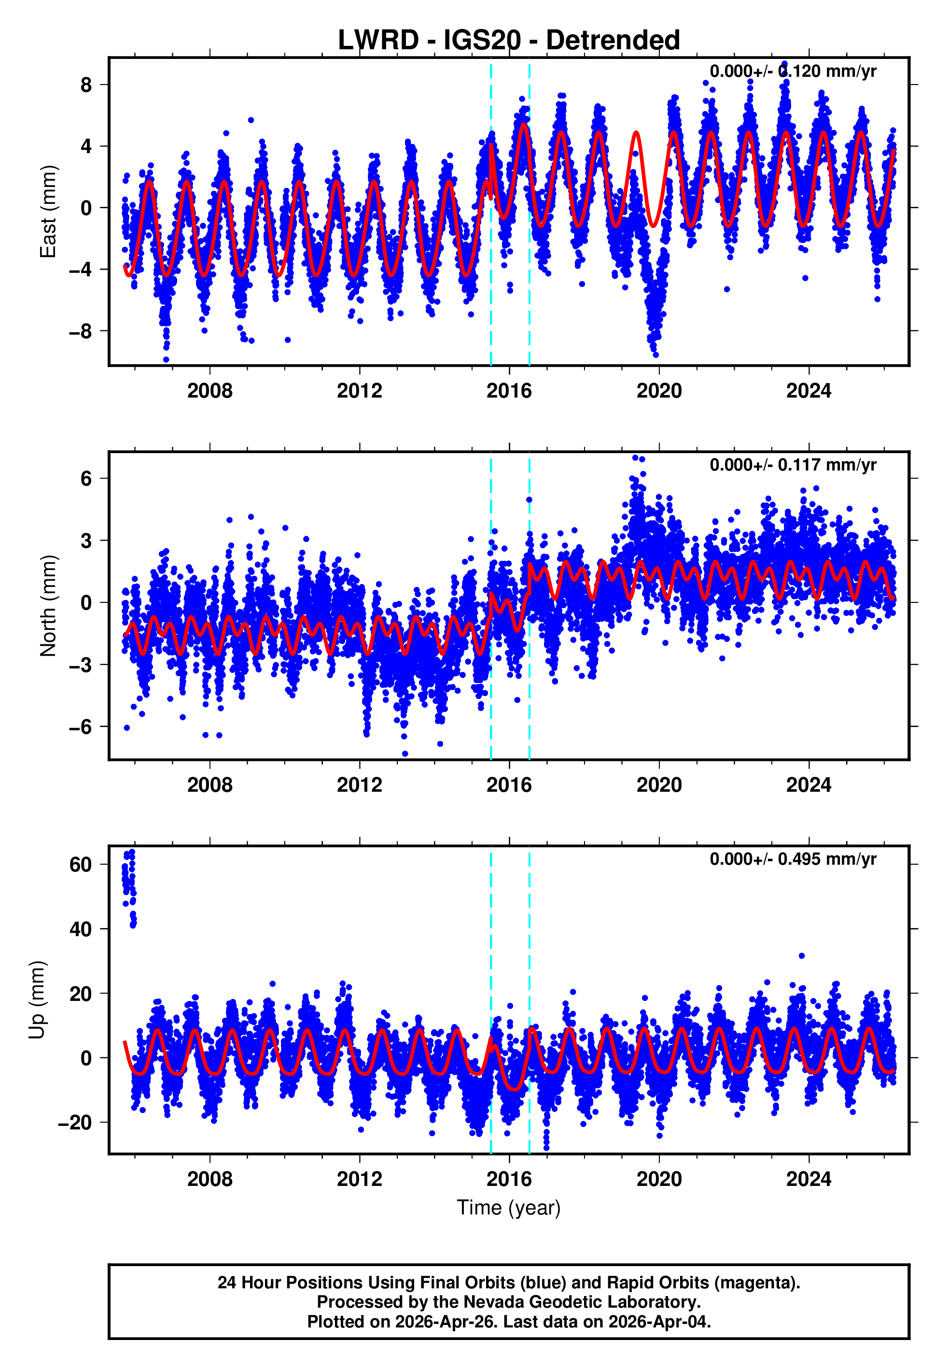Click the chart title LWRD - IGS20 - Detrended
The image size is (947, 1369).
pos(509,41)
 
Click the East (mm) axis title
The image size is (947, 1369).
pos(47,212)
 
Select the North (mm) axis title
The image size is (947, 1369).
pos(47,606)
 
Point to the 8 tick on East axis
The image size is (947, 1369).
pos(86,85)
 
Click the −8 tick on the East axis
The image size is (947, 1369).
pos(80,331)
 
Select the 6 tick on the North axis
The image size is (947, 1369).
pos(86,479)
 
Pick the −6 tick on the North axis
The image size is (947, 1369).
pos(80,727)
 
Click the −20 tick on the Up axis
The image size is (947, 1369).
pos(74,1123)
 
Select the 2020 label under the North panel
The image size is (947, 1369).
pos(659,785)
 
